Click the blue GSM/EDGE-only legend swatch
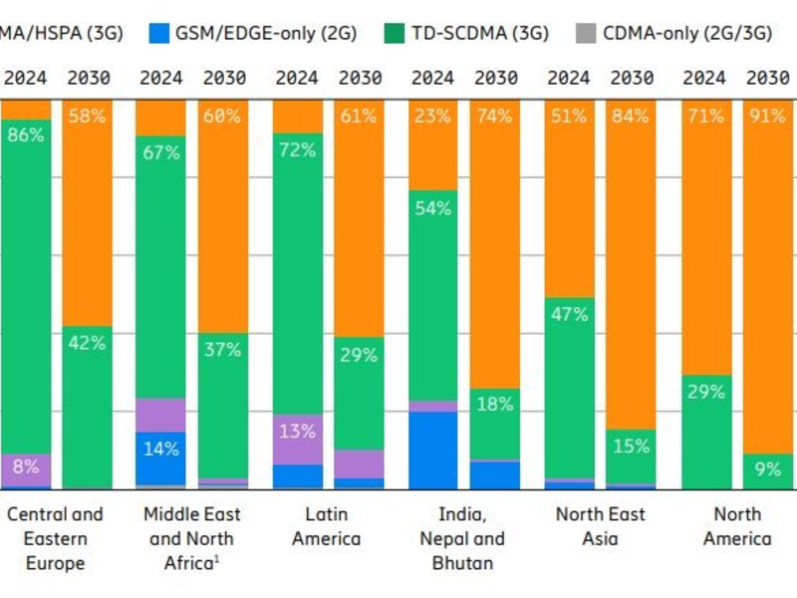click(x=156, y=33)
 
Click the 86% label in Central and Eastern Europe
click(x=25, y=134)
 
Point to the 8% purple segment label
click(x=25, y=465)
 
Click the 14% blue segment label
click(x=160, y=448)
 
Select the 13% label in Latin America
click(x=297, y=432)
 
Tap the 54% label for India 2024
click(x=432, y=208)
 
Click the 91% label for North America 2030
click(x=767, y=116)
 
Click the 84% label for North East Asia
click(x=631, y=116)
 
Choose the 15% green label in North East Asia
click(x=631, y=447)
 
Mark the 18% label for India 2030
click(x=494, y=404)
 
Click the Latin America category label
click(x=327, y=526)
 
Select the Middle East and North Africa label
click(x=190, y=538)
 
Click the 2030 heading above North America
click(x=767, y=77)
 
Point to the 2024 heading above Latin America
click(x=297, y=77)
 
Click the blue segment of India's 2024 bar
click(x=432, y=449)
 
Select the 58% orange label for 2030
click(x=87, y=116)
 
